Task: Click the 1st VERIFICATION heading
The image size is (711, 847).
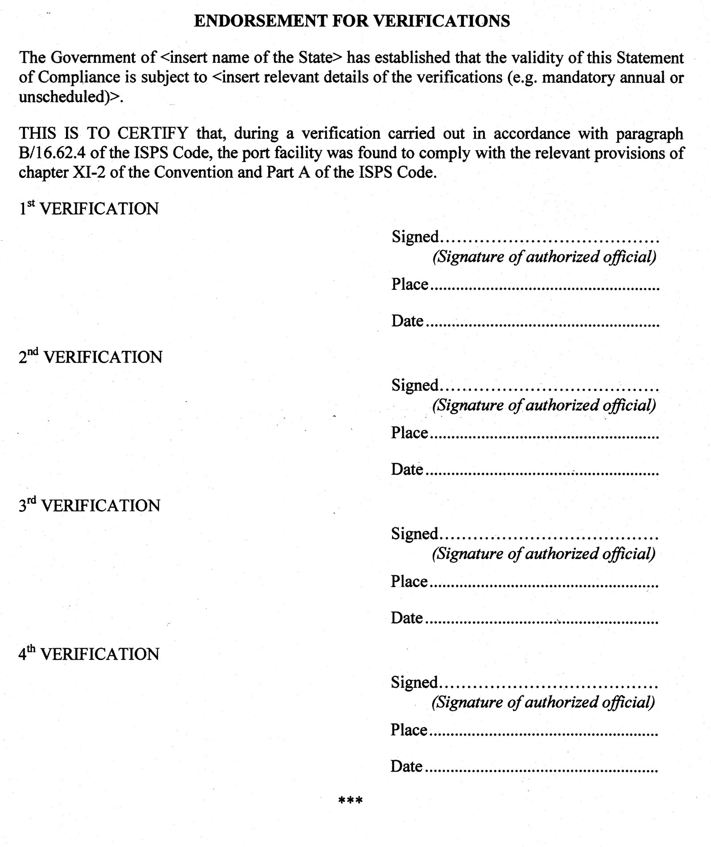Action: pyautogui.click(x=89, y=209)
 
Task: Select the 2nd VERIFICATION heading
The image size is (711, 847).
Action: pyautogui.click(x=91, y=357)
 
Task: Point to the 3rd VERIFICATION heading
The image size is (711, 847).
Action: pyautogui.click(x=89, y=506)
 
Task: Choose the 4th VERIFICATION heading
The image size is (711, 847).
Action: pyautogui.click(x=89, y=654)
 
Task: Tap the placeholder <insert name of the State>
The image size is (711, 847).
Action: pyautogui.click(x=251, y=58)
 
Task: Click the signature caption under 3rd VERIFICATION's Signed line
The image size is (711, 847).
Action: pyautogui.click(x=543, y=554)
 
